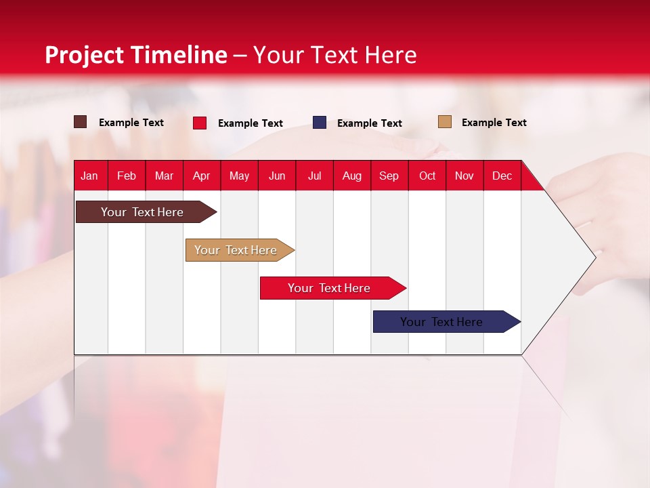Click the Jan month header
[89, 176]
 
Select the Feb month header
[127, 176]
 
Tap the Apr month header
[201, 176]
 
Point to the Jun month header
[277, 176]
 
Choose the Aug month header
[352, 176]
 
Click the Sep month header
[389, 176]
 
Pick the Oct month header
[427, 176]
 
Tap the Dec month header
[502, 176]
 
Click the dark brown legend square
[80, 122]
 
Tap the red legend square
[200, 123]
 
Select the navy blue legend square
[320, 123]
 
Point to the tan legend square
[444, 122]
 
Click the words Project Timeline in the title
[135, 55]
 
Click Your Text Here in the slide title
[334, 55]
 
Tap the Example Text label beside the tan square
[494, 123]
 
